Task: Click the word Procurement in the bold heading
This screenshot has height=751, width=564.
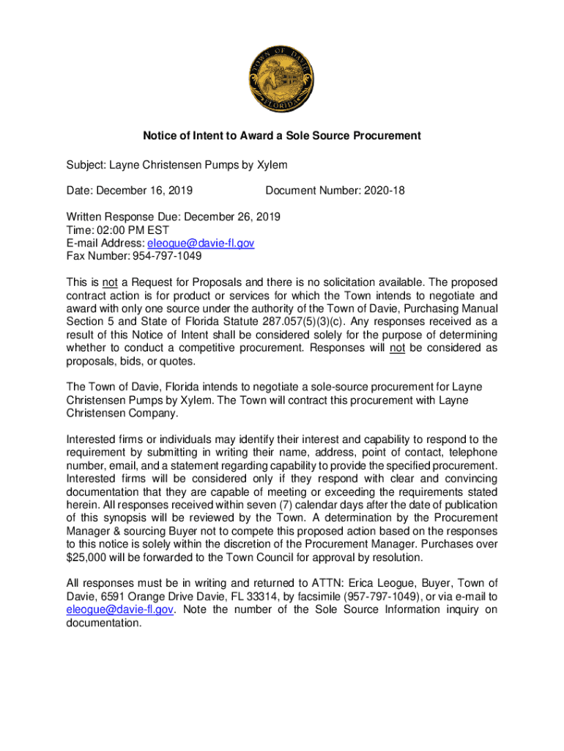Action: (x=390, y=136)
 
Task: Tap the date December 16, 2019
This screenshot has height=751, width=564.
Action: (x=143, y=191)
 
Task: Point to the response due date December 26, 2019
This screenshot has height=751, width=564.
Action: (x=232, y=217)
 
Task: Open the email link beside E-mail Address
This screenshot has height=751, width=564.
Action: (x=201, y=243)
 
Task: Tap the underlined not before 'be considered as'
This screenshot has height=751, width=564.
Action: (x=398, y=348)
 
